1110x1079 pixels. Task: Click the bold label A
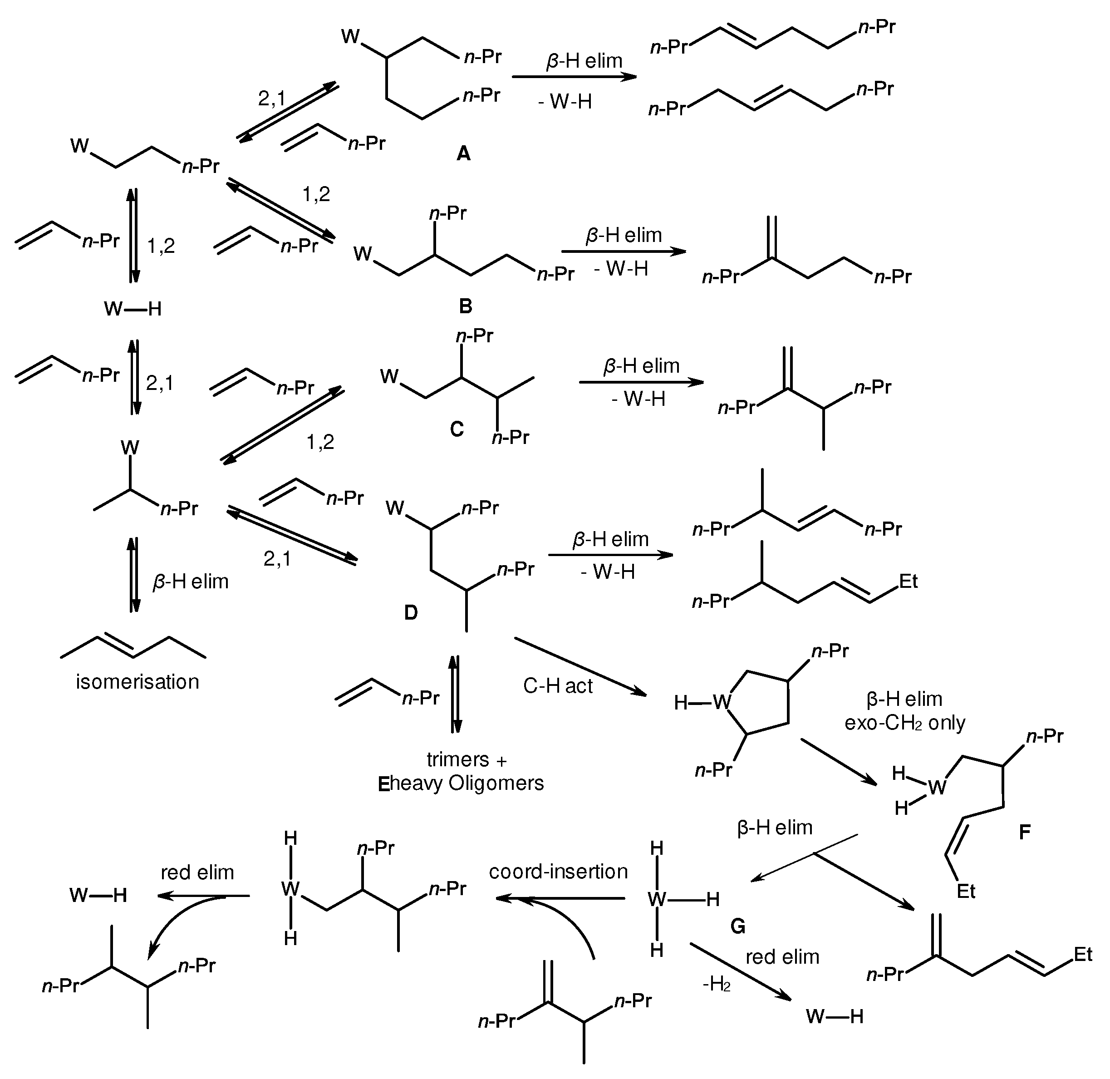point(463,153)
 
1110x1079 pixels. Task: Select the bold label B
point(465,306)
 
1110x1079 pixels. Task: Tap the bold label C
point(457,429)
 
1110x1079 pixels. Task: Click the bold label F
point(1024,832)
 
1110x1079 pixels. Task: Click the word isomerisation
point(138,681)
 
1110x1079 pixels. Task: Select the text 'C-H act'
point(558,686)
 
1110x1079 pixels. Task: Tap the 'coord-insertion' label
point(558,871)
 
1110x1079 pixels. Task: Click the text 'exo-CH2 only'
point(905,723)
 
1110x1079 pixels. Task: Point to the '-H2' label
point(716,985)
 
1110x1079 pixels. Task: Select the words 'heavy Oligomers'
point(467,783)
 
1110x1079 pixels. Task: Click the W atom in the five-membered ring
point(721,703)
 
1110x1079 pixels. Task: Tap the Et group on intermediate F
point(966,892)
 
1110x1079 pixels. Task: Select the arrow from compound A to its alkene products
point(574,77)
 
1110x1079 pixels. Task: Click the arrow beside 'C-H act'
point(580,666)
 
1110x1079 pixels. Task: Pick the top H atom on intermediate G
point(656,848)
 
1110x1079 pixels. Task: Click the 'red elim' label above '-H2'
point(782,956)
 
